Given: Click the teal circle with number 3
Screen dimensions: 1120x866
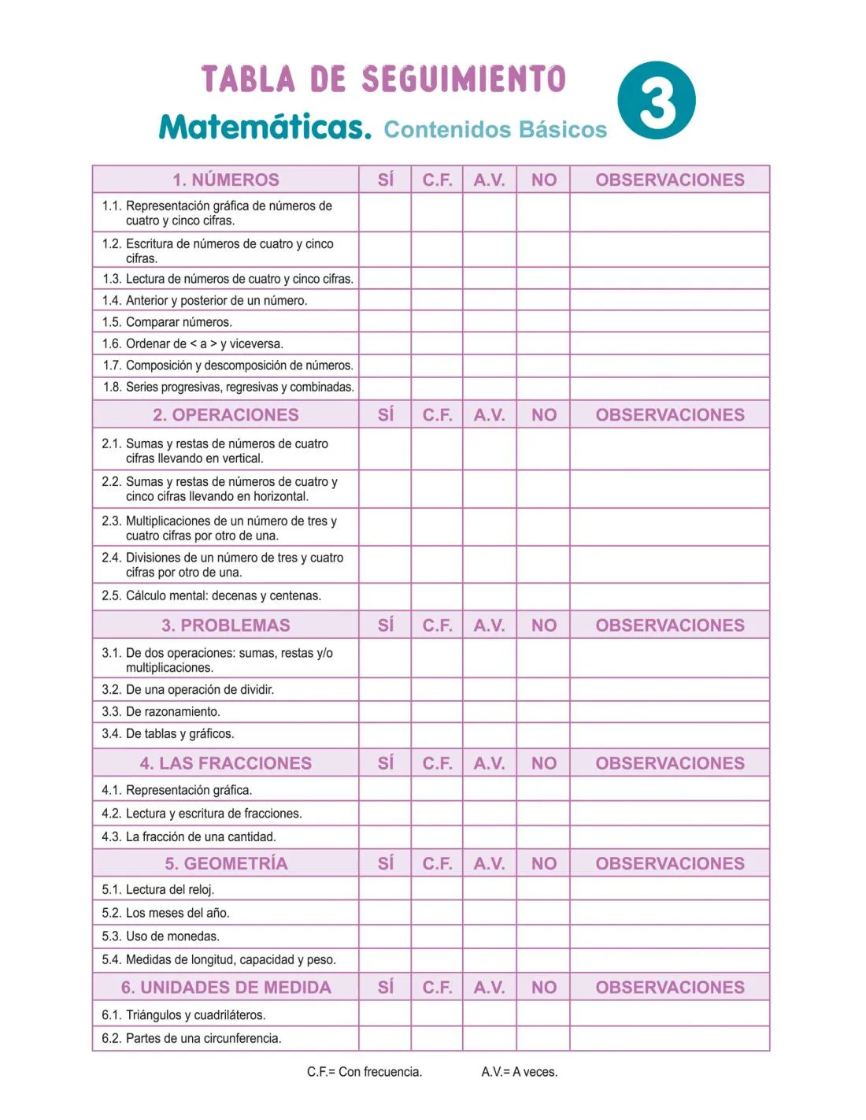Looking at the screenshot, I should pos(657,101).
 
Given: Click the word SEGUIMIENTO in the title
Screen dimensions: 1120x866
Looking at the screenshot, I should pos(464,80).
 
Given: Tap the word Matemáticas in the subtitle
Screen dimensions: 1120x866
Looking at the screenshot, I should pos(265,128).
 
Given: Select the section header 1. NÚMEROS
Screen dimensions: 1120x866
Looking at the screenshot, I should pos(226,180).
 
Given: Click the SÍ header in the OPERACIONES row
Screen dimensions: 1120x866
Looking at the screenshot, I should pos(385,415).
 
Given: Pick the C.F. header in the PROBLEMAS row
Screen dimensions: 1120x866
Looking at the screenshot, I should pos(437,625).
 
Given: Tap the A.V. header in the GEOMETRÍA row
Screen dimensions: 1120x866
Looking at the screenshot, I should pos(489,863).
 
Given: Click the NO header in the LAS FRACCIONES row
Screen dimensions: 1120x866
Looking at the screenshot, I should pos(543,763).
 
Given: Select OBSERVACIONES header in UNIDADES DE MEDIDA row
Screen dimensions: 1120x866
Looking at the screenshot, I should pos(669,987).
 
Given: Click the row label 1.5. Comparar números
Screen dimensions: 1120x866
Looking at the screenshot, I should pos(179,322).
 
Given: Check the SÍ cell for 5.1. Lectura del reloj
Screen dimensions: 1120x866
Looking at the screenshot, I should pos(385,889).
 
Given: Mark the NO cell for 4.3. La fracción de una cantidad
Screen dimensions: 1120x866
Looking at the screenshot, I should pos(543,836).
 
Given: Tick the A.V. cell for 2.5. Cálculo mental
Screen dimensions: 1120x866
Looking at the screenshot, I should pos(489,595).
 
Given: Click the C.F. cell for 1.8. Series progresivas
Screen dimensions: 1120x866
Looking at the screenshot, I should pos(437,387).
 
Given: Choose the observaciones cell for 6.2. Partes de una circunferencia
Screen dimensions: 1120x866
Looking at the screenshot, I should pos(669,1038).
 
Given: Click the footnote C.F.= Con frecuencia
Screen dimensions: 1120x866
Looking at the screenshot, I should pos(365,1071).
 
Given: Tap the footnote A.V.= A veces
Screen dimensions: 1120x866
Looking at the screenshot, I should pos(520,1071).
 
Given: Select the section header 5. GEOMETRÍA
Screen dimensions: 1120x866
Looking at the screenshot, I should pos(226,863).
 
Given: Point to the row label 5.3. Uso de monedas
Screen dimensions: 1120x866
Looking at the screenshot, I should pos(172,936).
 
